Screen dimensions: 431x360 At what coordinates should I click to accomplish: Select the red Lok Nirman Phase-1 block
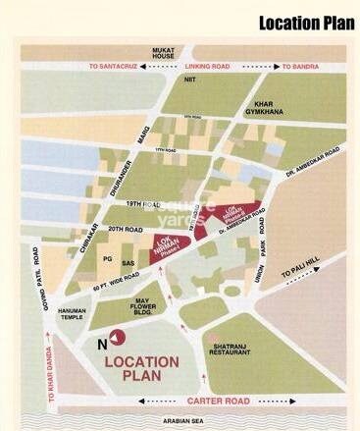[x=173, y=245]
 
